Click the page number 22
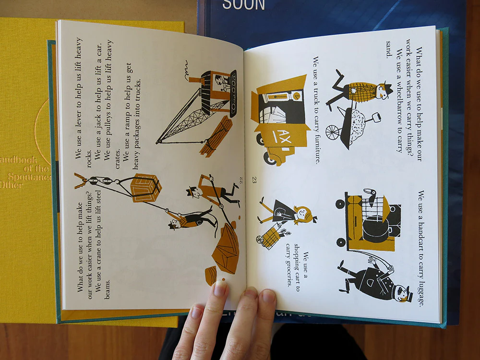click(x=241, y=180)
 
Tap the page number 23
click(x=254, y=180)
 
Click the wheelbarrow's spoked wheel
click(x=332, y=132)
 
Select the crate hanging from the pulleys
click(x=146, y=188)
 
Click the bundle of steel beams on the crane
click(x=216, y=137)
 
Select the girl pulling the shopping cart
click(x=287, y=211)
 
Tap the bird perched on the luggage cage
click(x=371, y=196)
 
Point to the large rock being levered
click(x=226, y=248)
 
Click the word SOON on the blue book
click(x=243, y=5)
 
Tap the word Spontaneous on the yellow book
click(x=30, y=177)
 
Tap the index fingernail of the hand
click(x=220, y=288)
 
